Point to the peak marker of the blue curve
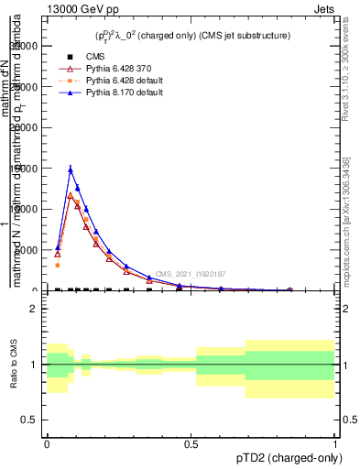click(71, 169)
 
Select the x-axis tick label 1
click(335, 442)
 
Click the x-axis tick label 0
click(47, 442)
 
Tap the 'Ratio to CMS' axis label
click(12, 365)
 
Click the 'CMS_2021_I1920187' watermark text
click(190, 274)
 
